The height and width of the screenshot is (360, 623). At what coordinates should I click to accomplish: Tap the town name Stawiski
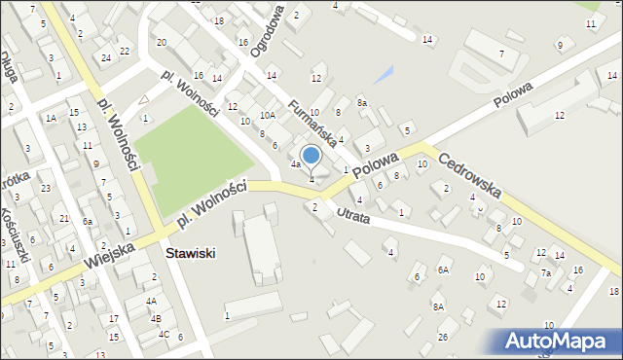190,253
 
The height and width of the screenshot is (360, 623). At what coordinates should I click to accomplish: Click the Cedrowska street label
470,175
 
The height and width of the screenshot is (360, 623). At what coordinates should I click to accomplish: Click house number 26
442,337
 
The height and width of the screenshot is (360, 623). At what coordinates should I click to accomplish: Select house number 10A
267,115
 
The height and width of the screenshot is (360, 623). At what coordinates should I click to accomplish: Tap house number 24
105,57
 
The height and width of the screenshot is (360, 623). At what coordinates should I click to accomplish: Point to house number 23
46,188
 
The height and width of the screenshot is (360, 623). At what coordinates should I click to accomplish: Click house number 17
114,318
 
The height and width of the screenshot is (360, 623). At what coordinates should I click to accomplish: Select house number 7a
546,273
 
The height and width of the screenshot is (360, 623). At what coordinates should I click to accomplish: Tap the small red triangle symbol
144,99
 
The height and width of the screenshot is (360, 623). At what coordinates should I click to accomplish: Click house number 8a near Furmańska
361,102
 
